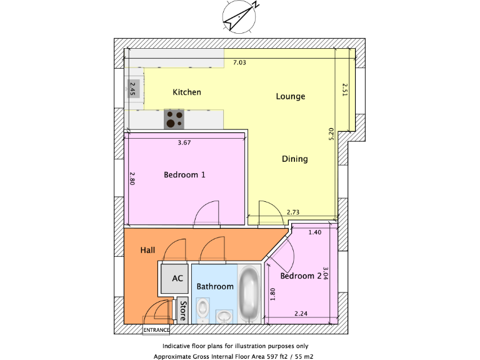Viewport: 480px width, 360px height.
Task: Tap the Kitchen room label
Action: tap(187, 92)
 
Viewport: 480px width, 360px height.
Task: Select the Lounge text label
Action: tap(291, 97)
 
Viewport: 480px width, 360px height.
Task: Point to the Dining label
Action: tap(294, 159)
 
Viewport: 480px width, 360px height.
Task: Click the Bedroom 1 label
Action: tap(184, 175)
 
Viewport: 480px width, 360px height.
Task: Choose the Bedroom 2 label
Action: tap(301, 276)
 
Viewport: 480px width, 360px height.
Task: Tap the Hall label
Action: tap(147, 250)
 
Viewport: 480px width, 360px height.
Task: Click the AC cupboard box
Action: tap(177, 279)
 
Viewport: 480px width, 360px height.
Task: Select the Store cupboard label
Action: tap(182, 310)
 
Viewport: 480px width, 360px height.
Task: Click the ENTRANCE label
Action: tap(156, 330)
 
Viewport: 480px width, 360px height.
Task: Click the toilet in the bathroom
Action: tap(203, 309)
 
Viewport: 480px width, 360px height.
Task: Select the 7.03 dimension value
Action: tap(240, 62)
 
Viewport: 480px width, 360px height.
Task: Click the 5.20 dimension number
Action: tap(332, 134)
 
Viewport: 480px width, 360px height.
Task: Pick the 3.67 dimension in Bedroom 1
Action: tap(184, 142)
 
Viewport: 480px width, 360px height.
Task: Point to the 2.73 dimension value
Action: tap(293, 213)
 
